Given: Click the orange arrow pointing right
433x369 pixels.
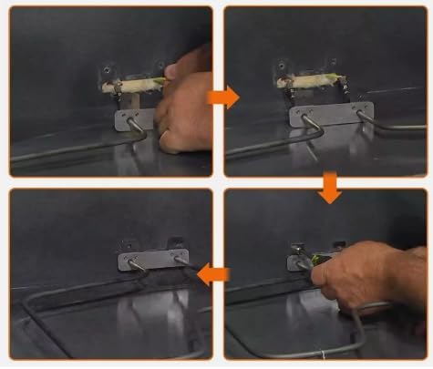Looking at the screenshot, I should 220,95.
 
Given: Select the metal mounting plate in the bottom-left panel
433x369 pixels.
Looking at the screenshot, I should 152,259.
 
